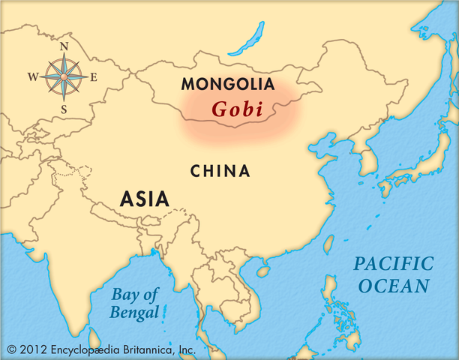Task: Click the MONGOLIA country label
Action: tap(227, 84)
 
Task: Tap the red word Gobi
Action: tap(237, 109)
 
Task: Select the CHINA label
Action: tap(220, 171)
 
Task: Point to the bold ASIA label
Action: tap(145, 198)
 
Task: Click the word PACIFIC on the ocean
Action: tap(394, 264)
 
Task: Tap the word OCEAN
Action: tap(394, 286)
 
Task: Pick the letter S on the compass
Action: tap(64, 109)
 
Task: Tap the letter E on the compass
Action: tap(94, 76)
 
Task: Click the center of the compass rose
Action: tap(64, 76)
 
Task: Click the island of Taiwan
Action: tap(329, 244)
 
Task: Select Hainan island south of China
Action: tap(263, 268)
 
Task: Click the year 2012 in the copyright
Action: tap(34, 349)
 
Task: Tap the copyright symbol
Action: tap(10, 349)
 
